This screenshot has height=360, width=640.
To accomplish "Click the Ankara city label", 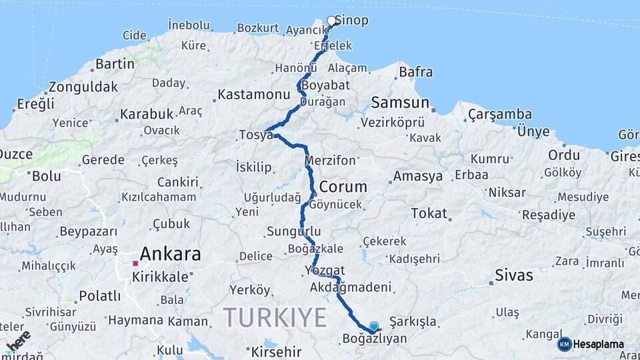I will coord(170,254).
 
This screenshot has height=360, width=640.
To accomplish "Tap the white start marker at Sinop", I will coord(331,21).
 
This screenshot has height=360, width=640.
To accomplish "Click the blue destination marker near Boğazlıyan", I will coord(374,327).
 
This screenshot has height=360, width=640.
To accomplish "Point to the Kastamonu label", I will coord(254,95).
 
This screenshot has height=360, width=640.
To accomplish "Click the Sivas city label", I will coord(514,275).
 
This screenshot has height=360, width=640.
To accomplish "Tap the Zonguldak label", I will coord(83,87).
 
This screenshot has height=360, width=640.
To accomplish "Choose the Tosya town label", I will coord(256,135).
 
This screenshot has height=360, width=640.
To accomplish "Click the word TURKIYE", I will coord(275,317).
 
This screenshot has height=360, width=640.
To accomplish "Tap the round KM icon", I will coord(565,344).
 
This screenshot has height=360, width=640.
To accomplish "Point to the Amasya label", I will coord(418,177).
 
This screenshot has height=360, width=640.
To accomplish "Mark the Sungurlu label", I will coord(289,232).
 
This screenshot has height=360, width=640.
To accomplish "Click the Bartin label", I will coord(115,65).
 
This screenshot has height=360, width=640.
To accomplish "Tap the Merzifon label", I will coord(330,161).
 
